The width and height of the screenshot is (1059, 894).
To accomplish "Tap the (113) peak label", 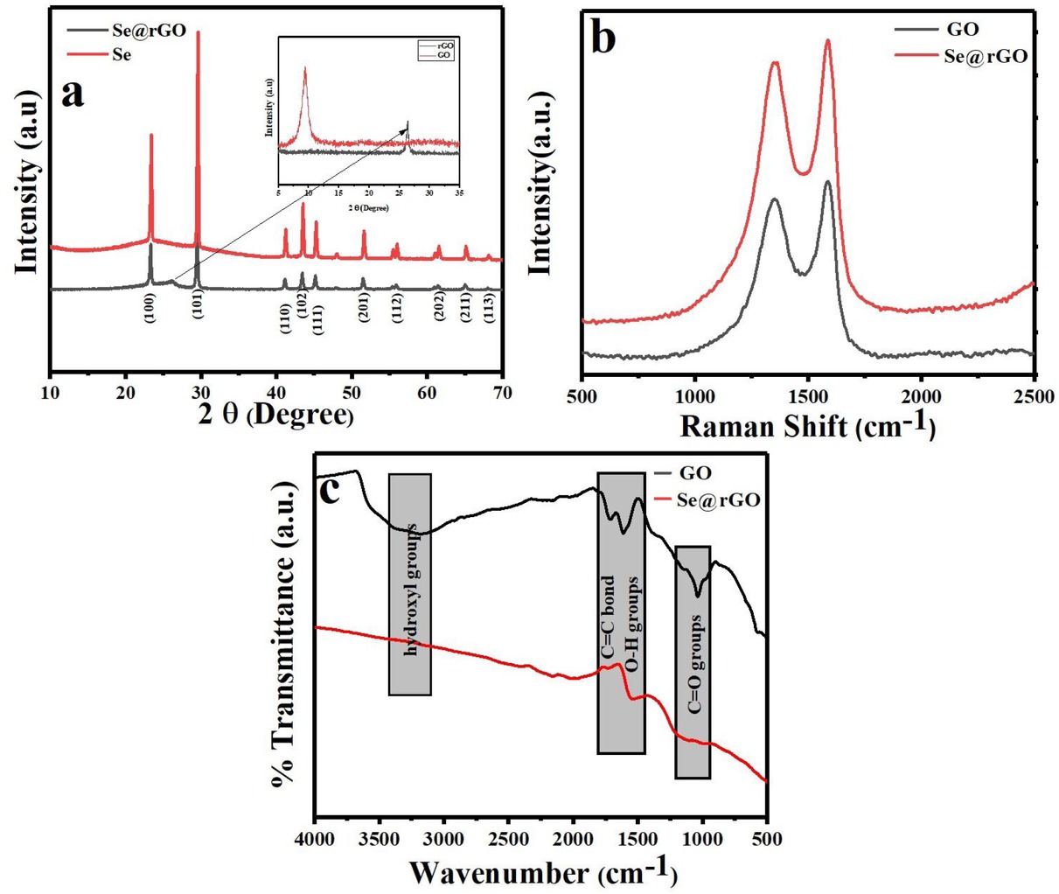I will tap(489, 309).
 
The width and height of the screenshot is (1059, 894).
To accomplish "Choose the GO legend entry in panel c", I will tap(695, 473).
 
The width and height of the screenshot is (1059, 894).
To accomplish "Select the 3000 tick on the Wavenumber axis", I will tap(444, 839).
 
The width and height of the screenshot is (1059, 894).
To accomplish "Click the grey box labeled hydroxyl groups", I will tap(410, 584).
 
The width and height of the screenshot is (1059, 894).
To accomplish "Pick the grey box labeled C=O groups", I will tap(693, 662).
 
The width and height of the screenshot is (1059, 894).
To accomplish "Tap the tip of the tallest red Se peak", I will tap(199, 32).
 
